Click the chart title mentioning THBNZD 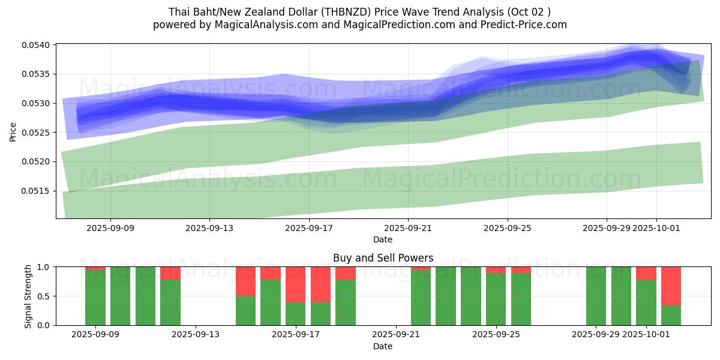point(359,11)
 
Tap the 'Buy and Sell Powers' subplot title point(383,258)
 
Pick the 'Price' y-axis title point(13,132)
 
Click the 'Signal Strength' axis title point(28,296)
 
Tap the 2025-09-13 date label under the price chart point(209,228)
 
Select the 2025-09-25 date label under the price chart point(507,228)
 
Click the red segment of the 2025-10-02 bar point(671,286)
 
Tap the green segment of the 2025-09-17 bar point(296,314)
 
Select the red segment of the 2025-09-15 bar point(246,281)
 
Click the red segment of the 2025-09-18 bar point(321,284)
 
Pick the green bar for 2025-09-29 point(596,296)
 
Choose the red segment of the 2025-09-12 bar point(170,273)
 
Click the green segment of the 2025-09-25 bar point(496,299)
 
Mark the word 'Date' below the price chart point(383,239)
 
